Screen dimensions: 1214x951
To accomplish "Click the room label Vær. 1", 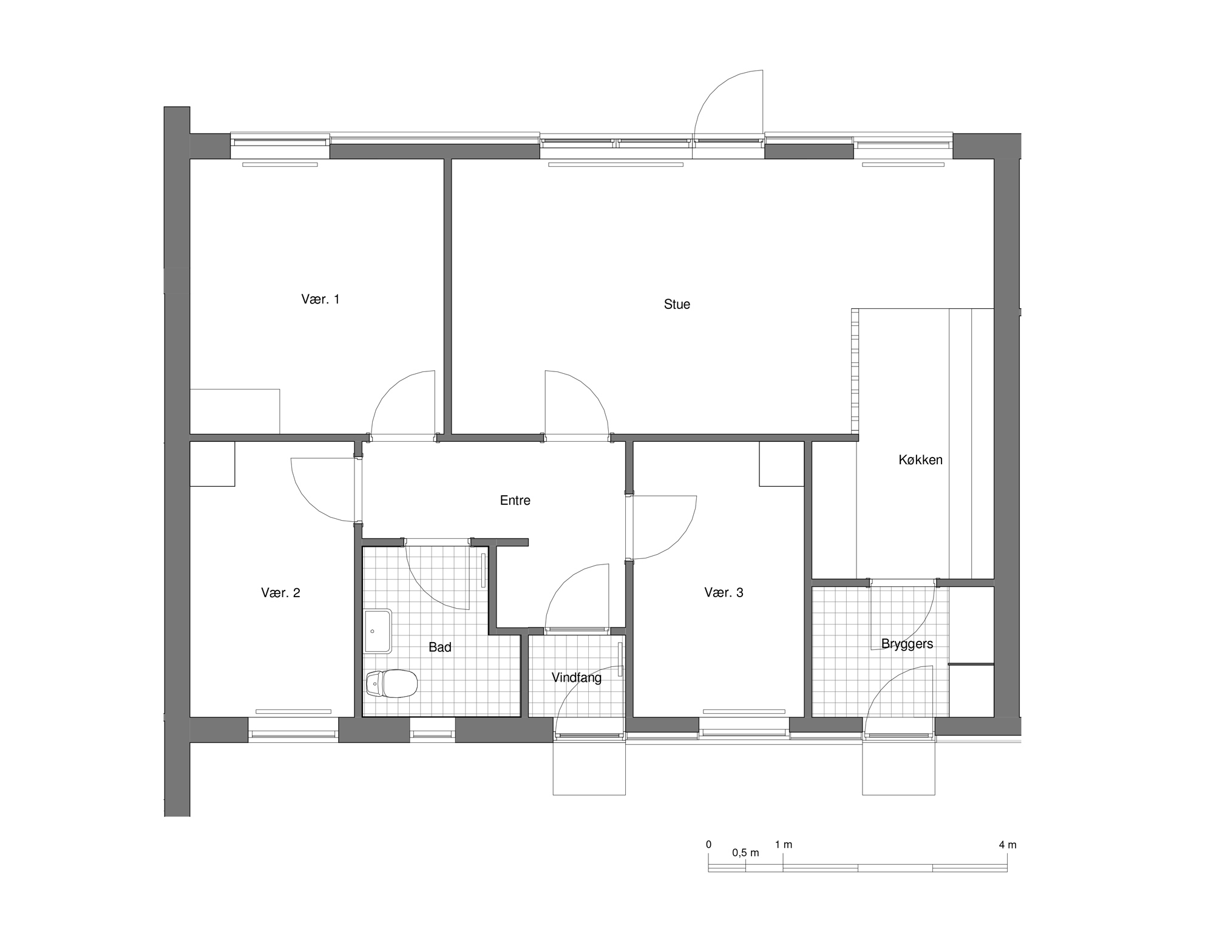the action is [x=320, y=299].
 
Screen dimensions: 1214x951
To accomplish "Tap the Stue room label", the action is [x=677, y=304].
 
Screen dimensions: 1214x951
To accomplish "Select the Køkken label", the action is [x=920, y=460].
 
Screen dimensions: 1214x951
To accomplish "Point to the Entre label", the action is [x=515, y=500].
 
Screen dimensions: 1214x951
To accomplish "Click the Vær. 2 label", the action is [x=280, y=593].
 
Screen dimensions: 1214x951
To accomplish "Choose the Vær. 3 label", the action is [x=724, y=592].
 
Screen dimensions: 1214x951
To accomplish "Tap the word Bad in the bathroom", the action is [x=440, y=648].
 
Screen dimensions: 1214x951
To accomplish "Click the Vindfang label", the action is [x=577, y=678].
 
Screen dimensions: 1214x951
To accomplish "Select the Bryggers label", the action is [x=907, y=644].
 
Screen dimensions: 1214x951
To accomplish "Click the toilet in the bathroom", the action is [x=392, y=683].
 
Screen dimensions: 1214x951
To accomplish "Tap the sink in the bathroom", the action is [x=378, y=631].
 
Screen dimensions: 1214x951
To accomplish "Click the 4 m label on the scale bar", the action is [x=1007, y=845].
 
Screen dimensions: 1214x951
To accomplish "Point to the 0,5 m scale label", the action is [x=745, y=853].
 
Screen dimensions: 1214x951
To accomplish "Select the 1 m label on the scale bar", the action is [x=783, y=845].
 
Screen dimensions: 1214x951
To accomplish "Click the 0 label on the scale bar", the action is [x=708, y=845].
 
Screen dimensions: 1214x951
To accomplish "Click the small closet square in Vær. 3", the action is [x=782, y=464].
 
